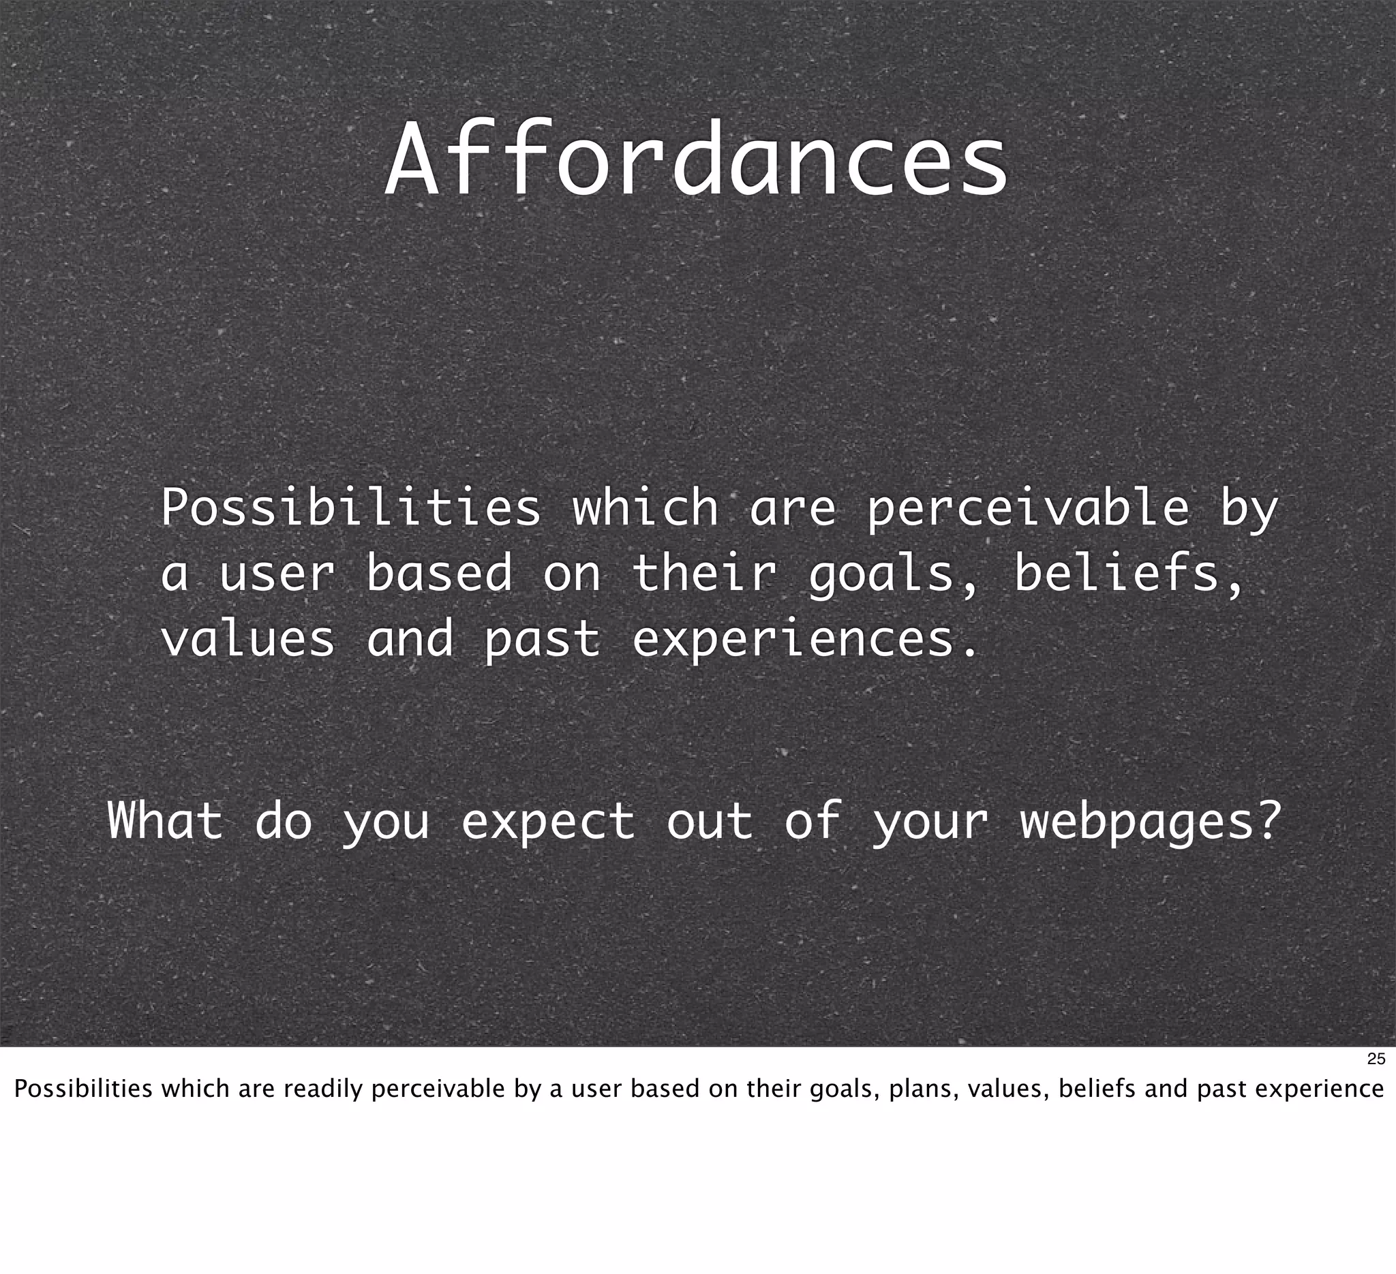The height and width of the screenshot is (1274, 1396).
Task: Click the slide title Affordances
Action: tap(695, 161)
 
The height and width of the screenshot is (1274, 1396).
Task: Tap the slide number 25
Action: tap(1376, 1059)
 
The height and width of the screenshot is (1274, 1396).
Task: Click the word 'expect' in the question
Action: tap(548, 822)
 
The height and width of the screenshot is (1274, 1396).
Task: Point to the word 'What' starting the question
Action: tap(166, 821)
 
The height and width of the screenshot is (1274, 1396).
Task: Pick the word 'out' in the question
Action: tap(709, 821)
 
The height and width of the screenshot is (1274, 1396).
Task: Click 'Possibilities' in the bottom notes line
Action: tap(83, 1089)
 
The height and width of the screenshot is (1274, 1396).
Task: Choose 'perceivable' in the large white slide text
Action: tap(1028, 509)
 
